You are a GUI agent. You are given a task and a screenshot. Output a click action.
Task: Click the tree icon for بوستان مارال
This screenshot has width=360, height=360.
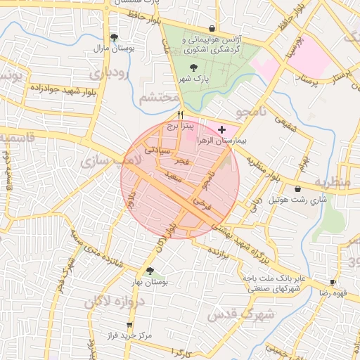(114, 37)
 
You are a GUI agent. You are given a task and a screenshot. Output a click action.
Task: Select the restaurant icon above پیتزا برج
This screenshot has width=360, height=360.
(181, 115)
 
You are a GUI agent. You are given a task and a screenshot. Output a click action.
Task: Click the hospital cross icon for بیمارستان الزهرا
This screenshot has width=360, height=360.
(222, 129)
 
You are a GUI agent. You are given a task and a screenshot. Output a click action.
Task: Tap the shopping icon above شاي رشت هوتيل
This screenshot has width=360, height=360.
(299, 188)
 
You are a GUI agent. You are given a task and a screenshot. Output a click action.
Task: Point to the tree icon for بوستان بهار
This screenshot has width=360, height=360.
(149, 271)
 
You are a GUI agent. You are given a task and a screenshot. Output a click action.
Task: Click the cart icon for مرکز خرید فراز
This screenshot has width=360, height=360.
(129, 325)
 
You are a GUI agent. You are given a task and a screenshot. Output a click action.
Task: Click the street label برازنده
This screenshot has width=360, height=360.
(219, 250)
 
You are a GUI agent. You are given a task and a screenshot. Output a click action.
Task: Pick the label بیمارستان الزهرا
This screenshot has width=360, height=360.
(222, 141)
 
